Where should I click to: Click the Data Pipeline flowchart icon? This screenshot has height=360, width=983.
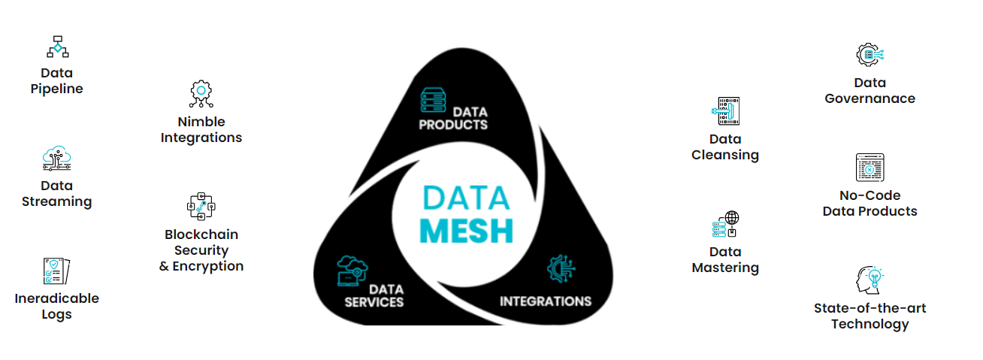click(57, 47)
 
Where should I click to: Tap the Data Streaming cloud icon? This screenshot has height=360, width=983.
click(57, 159)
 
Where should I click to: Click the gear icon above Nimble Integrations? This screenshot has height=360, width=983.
click(201, 93)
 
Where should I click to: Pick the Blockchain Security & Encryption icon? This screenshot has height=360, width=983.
click(201, 206)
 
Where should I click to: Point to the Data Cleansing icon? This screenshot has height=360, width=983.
click(725, 111)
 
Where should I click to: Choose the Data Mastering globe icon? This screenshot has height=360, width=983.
click(725, 224)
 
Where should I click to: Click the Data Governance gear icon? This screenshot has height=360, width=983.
click(870, 54)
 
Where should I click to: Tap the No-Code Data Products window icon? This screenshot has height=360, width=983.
click(870, 168)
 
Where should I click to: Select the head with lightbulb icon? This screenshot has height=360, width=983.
click(870, 280)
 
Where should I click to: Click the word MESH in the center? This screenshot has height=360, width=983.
click(466, 231)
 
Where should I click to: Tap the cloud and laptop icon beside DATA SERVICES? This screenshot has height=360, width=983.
click(352, 270)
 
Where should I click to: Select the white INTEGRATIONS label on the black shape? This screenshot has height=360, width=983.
click(546, 301)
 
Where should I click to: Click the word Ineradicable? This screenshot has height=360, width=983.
click(56, 298)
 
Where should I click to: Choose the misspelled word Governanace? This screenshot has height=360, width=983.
click(870, 98)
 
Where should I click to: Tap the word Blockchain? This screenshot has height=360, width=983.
click(201, 234)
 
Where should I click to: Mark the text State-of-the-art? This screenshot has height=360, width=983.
click(870, 308)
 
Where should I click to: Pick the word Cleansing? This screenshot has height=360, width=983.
click(725, 155)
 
